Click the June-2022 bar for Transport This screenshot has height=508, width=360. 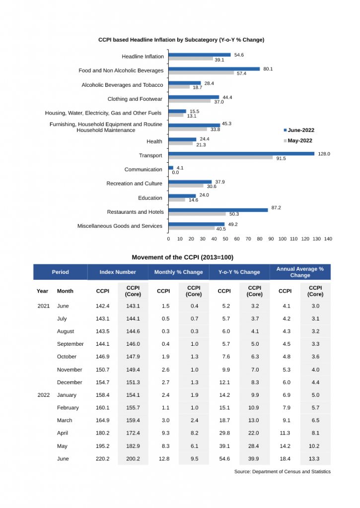241,153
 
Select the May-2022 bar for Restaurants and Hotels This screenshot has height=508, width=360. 197,214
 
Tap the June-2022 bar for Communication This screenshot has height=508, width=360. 171,168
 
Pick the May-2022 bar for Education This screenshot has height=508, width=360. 177,200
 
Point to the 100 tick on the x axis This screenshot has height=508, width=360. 283,239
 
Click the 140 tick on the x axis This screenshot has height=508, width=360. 328,239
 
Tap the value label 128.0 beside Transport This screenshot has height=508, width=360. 324,154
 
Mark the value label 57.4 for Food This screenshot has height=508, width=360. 241,73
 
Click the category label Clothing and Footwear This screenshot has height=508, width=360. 135,99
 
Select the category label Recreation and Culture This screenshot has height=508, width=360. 134,184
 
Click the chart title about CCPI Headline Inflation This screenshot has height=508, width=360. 181,40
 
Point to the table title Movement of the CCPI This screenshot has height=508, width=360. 182,257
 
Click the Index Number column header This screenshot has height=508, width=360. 118,272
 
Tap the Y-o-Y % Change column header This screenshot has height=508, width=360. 239,272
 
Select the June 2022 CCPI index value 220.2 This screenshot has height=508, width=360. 103,459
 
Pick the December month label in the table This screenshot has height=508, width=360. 70,382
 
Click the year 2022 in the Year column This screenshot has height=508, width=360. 43,395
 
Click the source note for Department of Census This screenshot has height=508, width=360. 282,471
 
